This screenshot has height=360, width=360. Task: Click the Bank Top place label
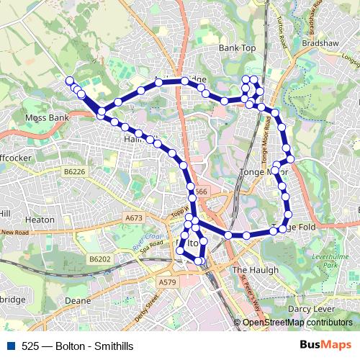click(238, 48)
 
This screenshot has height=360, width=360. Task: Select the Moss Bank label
click(46, 116)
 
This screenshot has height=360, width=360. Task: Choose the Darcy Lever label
click(308, 309)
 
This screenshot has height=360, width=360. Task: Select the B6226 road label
click(73, 172)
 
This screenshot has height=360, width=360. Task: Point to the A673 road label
click(134, 217)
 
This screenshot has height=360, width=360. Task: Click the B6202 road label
click(100, 258)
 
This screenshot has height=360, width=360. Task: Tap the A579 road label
click(167, 282)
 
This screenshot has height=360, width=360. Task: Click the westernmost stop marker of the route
click(70, 81)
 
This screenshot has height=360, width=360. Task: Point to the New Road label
click(14, 232)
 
